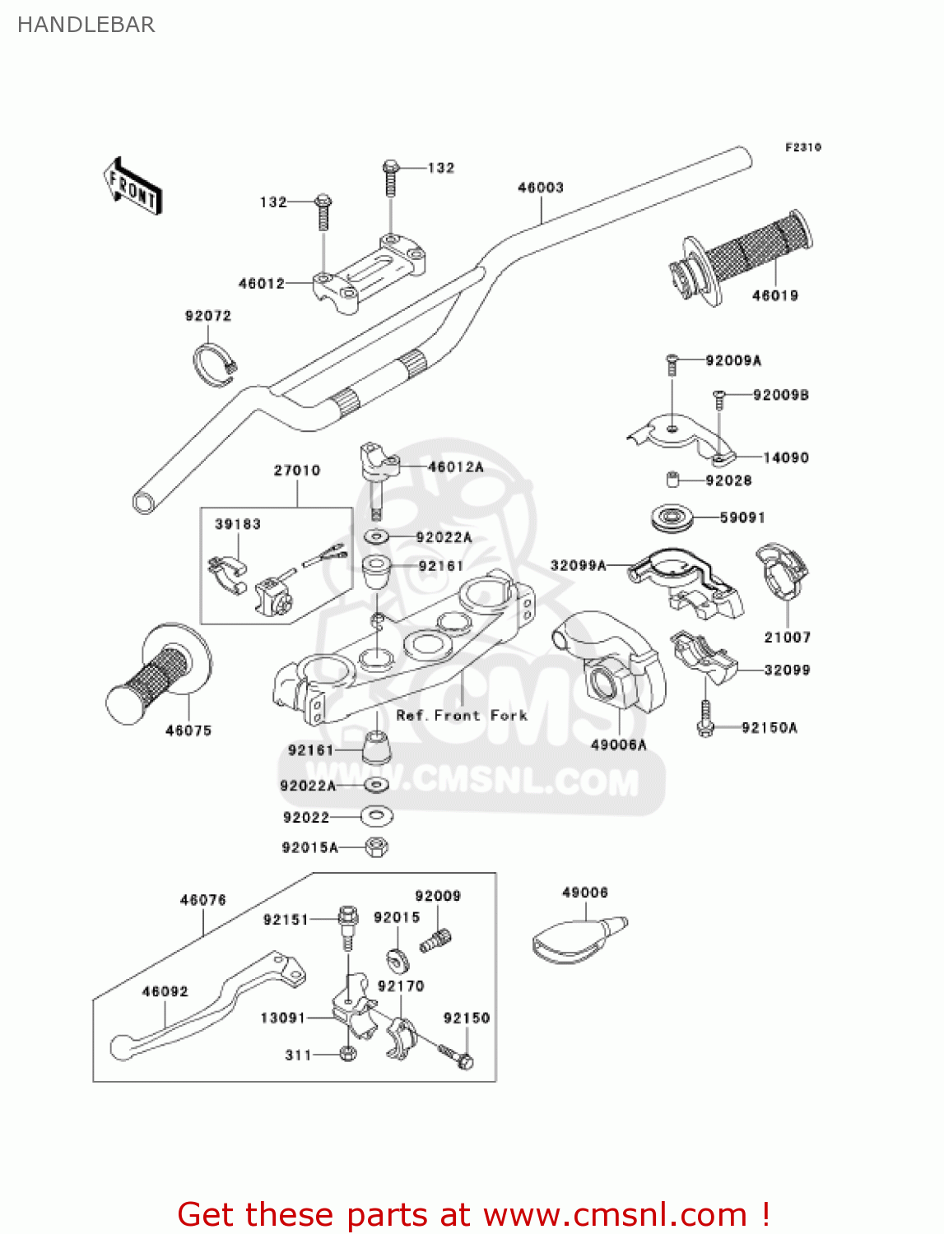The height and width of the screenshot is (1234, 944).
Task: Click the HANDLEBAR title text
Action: tap(86, 25)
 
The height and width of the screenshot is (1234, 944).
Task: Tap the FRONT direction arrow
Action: tap(132, 187)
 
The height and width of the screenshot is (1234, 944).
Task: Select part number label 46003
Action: tap(540, 188)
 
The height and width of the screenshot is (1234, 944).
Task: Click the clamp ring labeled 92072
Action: tap(213, 364)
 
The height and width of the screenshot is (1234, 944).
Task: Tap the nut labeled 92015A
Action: tap(376, 847)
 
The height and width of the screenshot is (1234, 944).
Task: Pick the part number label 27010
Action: tap(297, 471)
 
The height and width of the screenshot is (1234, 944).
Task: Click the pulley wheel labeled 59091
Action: tap(672, 518)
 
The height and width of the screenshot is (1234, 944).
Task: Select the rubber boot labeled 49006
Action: tap(576, 939)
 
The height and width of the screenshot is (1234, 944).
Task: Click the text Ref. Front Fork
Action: tap(462, 716)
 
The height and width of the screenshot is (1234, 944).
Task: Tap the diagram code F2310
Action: tap(802, 147)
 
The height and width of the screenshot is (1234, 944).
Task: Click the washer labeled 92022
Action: tap(376, 816)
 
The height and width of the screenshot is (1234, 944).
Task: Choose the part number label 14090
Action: tap(785, 457)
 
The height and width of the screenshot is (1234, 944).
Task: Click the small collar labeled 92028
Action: tap(672, 480)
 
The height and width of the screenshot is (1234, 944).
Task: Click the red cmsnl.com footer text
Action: tap(473, 1214)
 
